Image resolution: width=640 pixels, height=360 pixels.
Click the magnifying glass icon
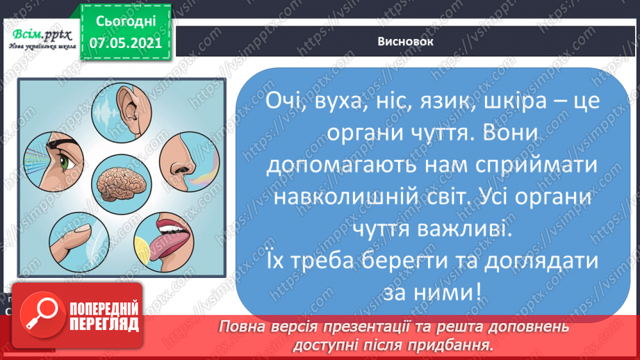[x=38, y=314]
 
